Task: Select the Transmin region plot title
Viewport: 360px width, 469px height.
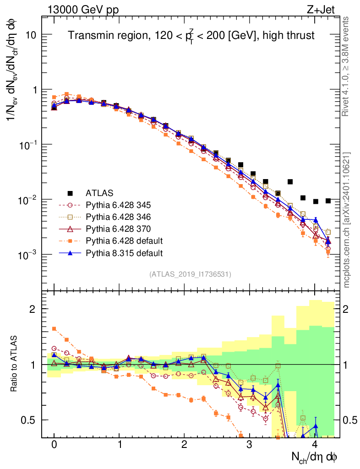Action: pyautogui.click(x=191, y=36)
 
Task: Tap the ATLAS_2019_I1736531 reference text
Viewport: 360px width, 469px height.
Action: pyautogui.click(x=190, y=274)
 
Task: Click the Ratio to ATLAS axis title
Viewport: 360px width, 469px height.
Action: pyautogui.click(x=15, y=364)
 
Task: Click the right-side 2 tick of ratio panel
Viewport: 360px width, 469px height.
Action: pyautogui.click(x=348, y=309)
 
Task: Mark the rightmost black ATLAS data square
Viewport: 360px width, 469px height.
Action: pyautogui.click(x=328, y=201)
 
